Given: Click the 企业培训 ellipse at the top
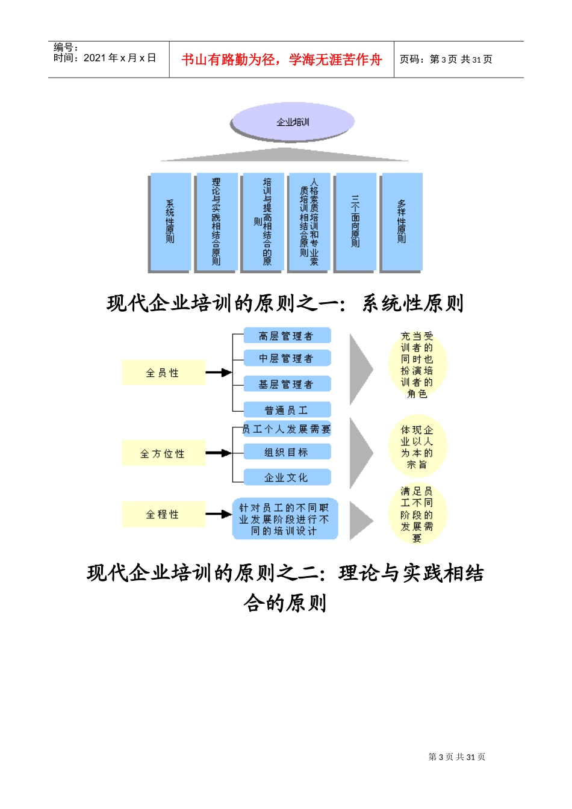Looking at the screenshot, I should [x=292, y=122].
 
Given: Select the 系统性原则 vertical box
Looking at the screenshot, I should [x=170, y=222].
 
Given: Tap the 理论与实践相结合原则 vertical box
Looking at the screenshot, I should [x=216, y=222].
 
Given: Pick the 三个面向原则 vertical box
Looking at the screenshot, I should [x=355, y=222].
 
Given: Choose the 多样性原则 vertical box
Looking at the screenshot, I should [x=402, y=222].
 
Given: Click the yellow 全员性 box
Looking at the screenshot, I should [x=163, y=373].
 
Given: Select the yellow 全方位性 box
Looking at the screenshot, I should [x=163, y=453].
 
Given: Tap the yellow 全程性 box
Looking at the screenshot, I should [x=163, y=514].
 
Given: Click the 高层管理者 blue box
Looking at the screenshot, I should [x=287, y=336].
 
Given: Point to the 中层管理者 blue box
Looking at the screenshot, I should [x=287, y=358].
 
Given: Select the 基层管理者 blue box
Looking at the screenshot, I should [x=287, y=384].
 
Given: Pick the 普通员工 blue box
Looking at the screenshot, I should [x=287, y=410].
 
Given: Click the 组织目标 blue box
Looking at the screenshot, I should [x=287, y=451].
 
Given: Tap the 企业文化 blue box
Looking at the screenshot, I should [x=287, y=477].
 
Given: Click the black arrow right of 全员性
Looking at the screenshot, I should [x=219, y=373].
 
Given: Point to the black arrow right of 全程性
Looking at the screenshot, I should [x=219, y=514].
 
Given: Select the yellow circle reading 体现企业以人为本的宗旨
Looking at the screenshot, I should [x=417, y=447].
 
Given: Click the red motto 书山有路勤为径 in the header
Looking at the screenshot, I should [x=281, y=60].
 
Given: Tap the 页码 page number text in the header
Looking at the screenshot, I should [x=446, y=60].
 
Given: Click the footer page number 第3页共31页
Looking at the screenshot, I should [x=456, y=757].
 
